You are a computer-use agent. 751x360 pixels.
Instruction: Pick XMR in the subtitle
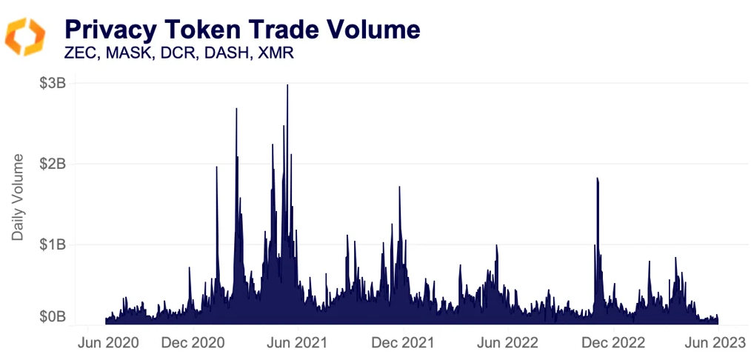pos(274,54)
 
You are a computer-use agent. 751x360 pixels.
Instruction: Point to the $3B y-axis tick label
pos(53,83)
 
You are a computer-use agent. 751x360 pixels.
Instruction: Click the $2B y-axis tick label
pos(53,163)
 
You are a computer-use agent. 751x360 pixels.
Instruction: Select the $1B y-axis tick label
pos(53,244)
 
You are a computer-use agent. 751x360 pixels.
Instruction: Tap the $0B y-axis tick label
pos(53,317)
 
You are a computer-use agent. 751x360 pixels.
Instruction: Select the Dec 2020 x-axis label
pos(193,343)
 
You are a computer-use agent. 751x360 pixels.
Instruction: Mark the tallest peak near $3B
pos(287,86)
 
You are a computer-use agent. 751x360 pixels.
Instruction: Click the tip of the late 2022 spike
pos(597,179)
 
